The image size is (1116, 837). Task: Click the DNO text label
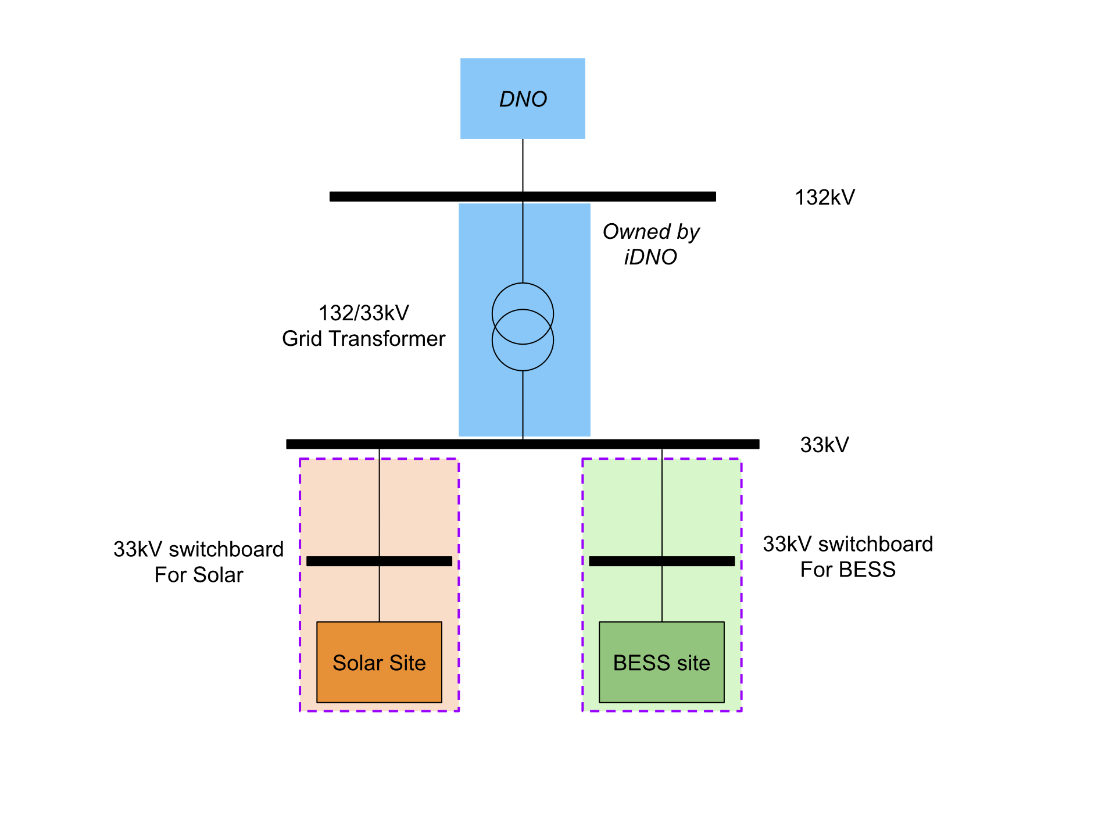523,99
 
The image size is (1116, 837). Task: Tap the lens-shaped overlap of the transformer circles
523,327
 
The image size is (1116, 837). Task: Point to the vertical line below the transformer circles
523,403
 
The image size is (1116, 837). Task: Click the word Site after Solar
407,663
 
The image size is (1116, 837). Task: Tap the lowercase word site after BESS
693,663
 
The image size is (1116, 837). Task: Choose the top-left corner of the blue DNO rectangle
461,59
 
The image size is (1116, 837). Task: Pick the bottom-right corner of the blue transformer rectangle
589,435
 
